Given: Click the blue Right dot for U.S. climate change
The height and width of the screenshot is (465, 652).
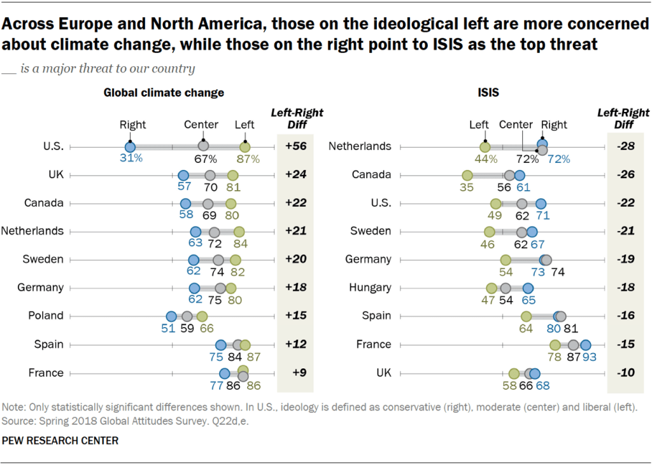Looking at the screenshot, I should click(130, 147).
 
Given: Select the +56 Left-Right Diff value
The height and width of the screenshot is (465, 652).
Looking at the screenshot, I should click(295, 146).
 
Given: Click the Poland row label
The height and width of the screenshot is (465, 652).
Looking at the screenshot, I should click(46, 316).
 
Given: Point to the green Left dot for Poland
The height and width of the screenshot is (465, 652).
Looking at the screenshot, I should click(202, 316).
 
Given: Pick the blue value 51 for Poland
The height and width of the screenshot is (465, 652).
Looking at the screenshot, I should click(168, 328).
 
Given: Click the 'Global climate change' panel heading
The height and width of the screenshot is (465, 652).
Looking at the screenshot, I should click(164, 92).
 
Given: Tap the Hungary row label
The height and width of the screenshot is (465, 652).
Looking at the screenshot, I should click(370, 288).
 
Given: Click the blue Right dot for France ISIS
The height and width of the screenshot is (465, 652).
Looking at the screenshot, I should click(585, 345).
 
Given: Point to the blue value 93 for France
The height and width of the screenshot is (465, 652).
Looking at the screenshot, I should click(590, 357).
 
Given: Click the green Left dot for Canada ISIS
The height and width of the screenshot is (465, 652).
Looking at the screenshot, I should click(467, 175).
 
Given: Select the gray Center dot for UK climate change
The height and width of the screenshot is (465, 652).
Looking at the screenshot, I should click(210, 175).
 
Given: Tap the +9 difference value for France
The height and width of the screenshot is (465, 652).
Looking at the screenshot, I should click(295, 373).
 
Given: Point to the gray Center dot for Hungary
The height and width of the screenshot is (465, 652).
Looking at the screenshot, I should click(506, 288).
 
